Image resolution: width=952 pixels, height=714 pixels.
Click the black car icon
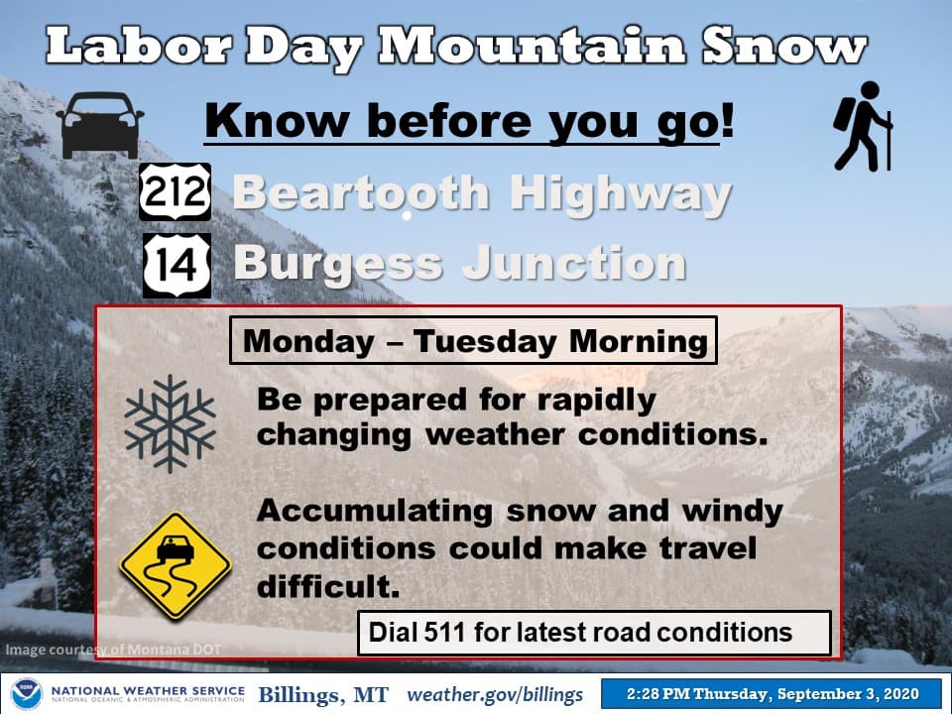[x=100, y=126]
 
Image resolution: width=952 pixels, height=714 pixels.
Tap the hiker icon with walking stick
[x=863, y=126]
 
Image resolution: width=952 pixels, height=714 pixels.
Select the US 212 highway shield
[x=175, y=191]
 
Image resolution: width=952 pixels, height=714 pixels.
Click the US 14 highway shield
[x=177, y=266]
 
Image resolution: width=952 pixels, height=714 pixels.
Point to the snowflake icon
[x=170, y=423]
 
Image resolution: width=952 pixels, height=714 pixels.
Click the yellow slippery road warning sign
[x=176, y=566]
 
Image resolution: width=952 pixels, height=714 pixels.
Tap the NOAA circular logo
[x=27, y=694]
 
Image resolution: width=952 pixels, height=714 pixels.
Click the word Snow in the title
[x=785, y=47]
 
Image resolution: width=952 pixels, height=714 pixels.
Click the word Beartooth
[x=361, y=193]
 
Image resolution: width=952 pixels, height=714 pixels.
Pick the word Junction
[x=574, y=262]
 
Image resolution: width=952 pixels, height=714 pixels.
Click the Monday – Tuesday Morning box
[x=474, y=340]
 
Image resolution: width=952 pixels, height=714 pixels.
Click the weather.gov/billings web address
[x=495, y=694]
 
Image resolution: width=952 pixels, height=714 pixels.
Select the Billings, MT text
[x=323, y=694]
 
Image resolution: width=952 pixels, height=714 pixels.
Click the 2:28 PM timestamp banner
[x=773, y=694]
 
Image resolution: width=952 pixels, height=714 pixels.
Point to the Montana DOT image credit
[x=113, y=650]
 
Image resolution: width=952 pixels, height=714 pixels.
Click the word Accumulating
[x=375, y=512]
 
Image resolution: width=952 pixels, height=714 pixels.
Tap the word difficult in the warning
[x=328, y=586]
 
